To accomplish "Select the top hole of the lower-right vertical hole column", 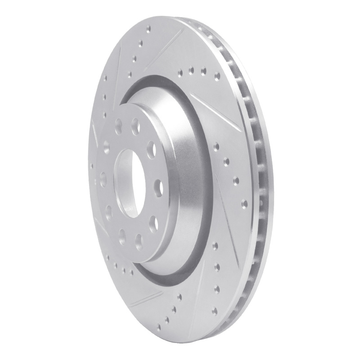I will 216,246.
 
